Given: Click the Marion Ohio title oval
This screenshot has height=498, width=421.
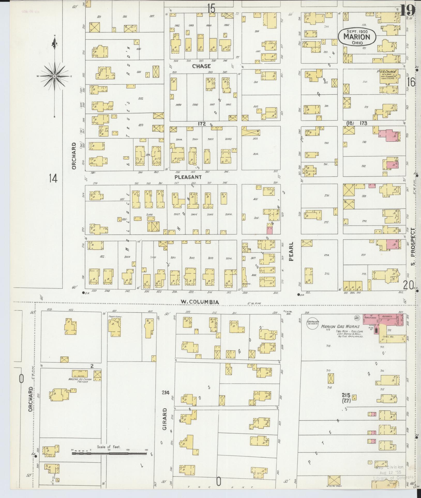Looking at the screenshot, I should coord(357,37).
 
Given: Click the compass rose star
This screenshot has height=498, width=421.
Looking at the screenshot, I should coord(55,76).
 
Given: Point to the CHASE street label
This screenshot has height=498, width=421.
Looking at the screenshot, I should coord(201,66).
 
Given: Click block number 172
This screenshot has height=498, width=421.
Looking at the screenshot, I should coord(202,124).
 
